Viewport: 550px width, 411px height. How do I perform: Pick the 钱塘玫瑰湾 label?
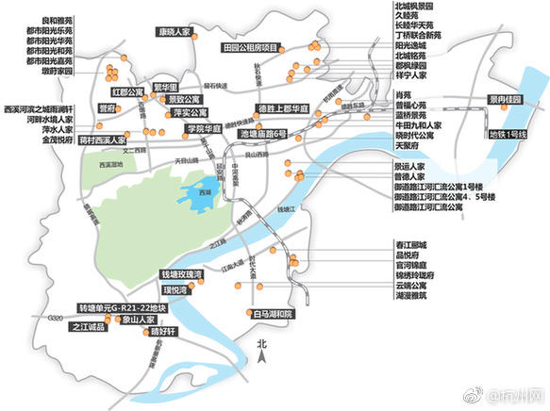184,274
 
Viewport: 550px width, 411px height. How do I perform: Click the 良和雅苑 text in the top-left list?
38,18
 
